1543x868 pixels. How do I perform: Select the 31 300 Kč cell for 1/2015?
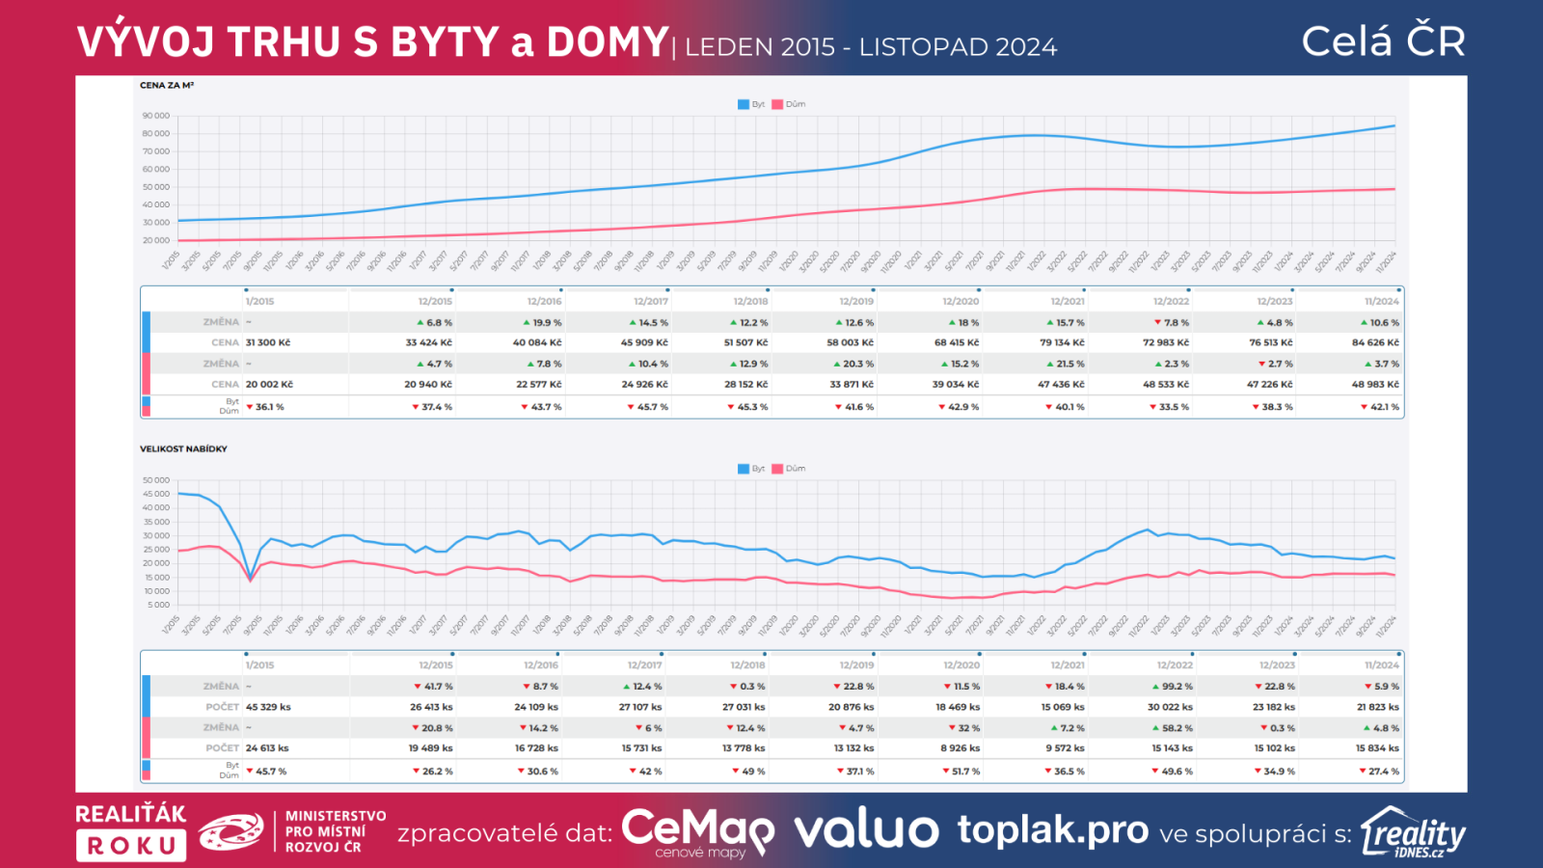tap(268, 342)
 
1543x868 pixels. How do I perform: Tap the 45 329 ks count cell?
tap(268, 707)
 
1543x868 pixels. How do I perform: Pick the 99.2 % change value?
tap(1173, 687)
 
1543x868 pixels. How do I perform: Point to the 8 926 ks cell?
tap(960, 748)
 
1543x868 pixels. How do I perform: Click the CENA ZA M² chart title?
tap(167, 85)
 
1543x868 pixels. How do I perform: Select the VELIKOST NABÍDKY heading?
tap(183, 448)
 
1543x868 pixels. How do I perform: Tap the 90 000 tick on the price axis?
tap(156, 116)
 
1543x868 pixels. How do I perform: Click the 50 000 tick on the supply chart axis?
tap(156, 480)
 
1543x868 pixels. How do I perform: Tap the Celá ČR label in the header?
tap(1383, 41)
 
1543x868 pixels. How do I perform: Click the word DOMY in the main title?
tap(607, 42)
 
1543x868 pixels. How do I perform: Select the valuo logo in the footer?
tap(865, 830)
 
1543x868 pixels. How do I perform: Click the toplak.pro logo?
tap(1052, 829)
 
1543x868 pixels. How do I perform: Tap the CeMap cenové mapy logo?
tap(697, 831)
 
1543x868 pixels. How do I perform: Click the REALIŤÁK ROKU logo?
tap(131, 831)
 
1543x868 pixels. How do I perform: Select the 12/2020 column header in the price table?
tap(961, 301)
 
